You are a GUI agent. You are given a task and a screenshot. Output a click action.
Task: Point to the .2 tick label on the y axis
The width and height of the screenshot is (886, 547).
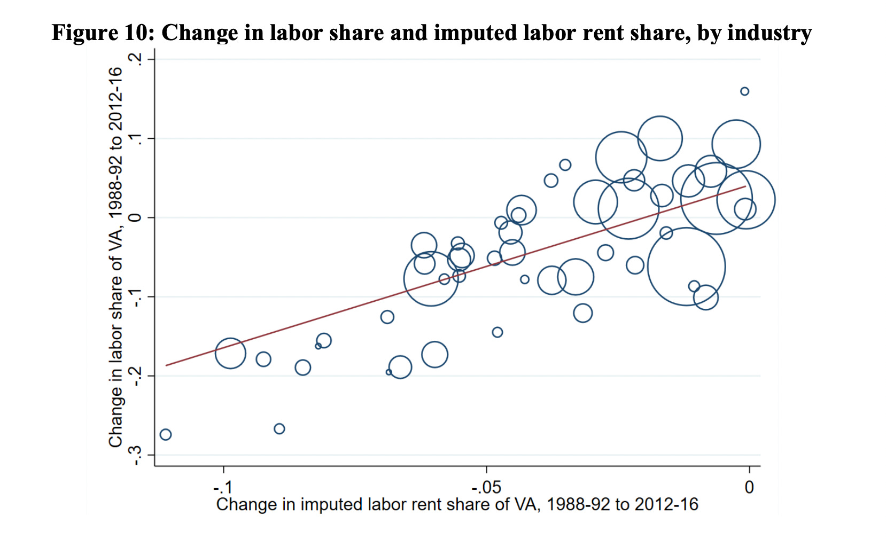click(137, 59)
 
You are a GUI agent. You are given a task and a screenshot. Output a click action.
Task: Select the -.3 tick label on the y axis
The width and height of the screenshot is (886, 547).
click(137, 455)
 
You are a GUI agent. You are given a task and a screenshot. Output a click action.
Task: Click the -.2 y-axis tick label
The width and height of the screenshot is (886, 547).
click(137, 376)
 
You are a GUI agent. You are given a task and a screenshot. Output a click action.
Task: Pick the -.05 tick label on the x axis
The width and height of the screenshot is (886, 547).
click(486, 487)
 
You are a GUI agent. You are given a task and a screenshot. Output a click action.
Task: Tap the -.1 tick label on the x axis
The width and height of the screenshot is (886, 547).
click(223, 487)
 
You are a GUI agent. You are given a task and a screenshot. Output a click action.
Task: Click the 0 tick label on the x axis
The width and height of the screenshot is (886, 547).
click(749, 487)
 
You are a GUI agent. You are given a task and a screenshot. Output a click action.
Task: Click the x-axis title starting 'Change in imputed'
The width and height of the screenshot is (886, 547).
click(457, 505)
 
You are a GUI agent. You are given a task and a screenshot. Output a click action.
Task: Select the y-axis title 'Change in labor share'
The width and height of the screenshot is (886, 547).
click(115, 257)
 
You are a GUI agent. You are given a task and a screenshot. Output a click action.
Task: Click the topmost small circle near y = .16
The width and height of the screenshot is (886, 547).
click(744, 91)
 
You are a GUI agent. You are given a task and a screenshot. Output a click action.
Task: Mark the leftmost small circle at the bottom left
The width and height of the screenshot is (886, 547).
click(166, 434)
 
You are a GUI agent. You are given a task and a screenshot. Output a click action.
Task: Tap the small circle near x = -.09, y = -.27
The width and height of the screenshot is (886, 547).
click(279, 429)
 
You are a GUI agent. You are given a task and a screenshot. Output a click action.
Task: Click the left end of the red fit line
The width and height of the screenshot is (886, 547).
click(166, 365)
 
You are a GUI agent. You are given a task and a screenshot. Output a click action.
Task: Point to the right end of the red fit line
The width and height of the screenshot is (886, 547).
click(745, 186)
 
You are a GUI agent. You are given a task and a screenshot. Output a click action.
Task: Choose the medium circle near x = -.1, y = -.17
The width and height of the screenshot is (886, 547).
click(230, 353)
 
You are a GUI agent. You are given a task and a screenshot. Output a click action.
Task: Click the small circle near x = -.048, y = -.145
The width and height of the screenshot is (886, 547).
click(497, 332)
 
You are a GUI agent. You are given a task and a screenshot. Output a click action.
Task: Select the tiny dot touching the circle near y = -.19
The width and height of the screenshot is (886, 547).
click(388, 372)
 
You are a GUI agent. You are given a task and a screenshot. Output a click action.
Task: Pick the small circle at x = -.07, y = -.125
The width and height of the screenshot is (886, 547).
click(387, 317)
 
